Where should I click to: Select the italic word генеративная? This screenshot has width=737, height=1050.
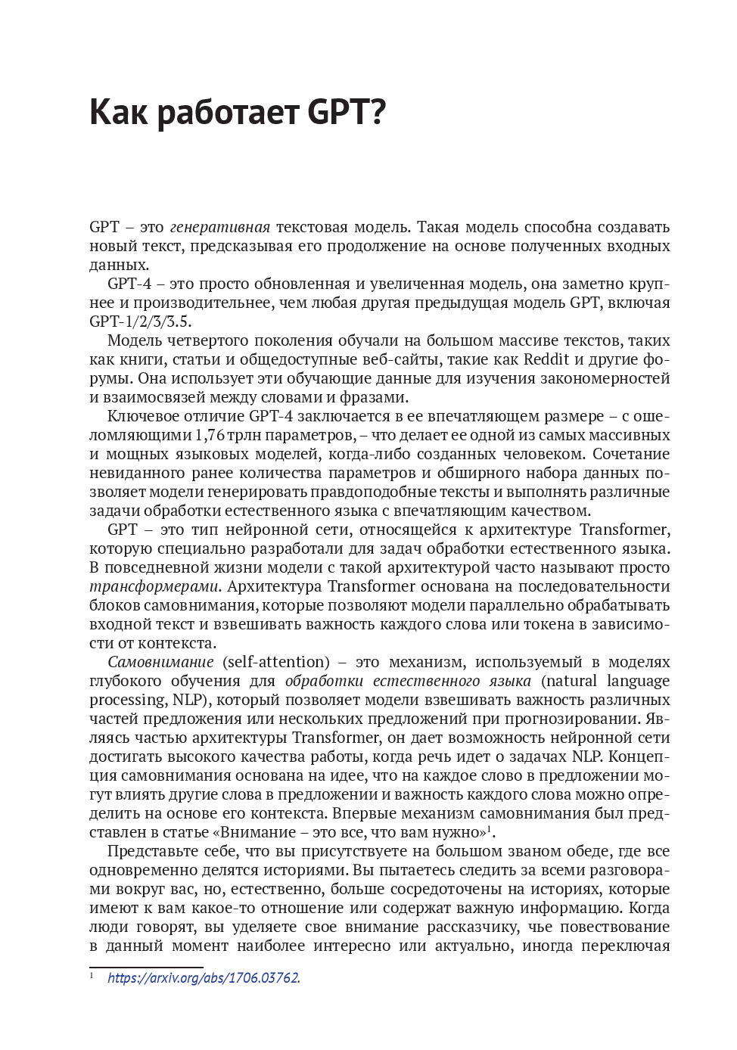(x=220, y=227)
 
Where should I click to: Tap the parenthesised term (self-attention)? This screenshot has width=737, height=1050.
(x=276, y=662)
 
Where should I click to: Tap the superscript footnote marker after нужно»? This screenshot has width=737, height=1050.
(x=489, y=828)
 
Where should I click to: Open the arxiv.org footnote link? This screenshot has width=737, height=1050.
(x=203, y=977)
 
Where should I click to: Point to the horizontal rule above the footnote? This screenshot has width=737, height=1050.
(x=146, y=967)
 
